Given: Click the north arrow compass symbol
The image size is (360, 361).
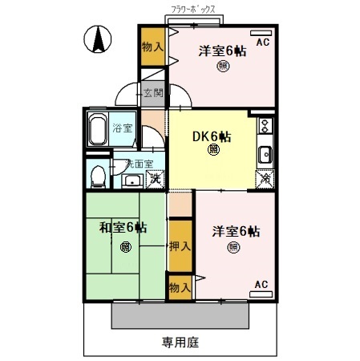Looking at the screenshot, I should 97,38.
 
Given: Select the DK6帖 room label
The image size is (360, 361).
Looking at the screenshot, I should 212,136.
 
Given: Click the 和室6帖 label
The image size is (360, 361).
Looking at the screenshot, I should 123,228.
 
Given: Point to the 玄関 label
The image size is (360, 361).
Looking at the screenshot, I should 154,93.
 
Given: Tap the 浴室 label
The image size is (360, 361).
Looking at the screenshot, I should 122,128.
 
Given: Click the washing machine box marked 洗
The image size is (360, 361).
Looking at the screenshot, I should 154,179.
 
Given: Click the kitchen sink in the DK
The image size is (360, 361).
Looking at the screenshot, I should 265,153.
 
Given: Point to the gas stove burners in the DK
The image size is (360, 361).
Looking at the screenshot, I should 265,125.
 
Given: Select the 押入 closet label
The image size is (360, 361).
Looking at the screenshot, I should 180,246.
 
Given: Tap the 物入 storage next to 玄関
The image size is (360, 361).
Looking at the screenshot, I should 152,47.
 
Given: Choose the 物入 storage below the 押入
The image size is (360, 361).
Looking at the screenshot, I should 180,286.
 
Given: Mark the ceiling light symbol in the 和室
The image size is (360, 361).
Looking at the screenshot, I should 125,246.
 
